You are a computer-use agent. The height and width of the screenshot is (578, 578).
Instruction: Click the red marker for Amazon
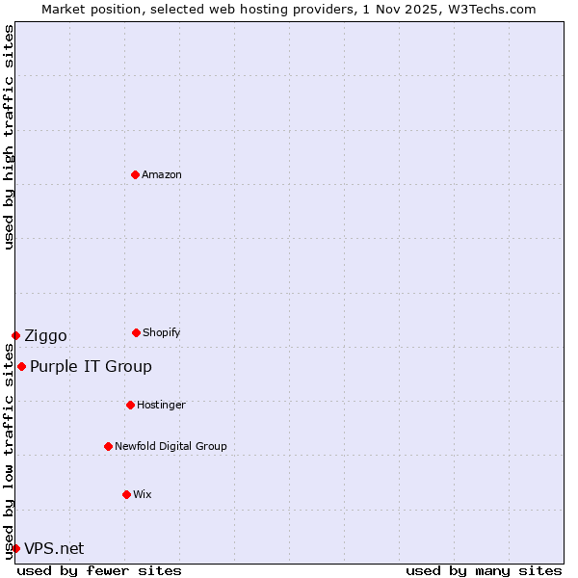135,174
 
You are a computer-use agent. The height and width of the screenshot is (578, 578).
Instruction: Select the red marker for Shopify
136,332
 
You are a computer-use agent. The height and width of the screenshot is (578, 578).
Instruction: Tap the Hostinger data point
130,405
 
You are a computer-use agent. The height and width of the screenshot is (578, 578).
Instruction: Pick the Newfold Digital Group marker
108,446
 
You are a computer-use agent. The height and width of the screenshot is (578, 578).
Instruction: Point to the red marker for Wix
126,494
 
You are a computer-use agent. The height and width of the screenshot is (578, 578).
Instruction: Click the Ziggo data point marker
15,335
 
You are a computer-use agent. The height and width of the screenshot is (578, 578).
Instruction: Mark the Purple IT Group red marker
21,366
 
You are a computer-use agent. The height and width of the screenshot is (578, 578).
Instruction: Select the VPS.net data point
15,548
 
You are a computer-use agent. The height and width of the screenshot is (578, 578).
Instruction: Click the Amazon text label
162,174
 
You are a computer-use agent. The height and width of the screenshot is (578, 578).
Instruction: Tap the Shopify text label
162,332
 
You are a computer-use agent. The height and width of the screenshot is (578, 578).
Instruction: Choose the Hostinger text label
161,405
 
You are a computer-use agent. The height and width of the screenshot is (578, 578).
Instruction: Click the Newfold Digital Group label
171,446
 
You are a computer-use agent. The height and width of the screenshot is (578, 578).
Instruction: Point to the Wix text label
143,494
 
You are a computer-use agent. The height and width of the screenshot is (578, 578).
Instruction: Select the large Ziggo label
45,335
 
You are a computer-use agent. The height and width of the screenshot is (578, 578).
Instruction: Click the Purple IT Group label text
91,366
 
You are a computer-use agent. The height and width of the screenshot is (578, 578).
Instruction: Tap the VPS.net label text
54,548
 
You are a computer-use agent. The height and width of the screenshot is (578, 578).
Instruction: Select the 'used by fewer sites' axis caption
99,570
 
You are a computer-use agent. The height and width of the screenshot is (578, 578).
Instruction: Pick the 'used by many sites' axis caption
484,570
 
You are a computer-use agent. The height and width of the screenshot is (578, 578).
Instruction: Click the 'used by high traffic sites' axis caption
9,137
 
